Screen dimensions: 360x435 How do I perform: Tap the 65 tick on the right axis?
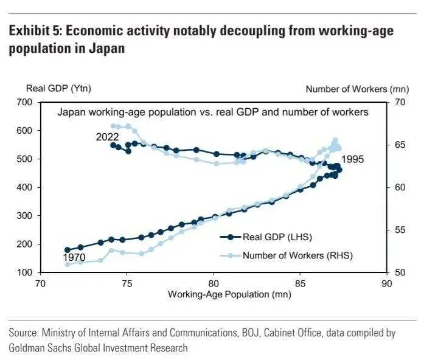coord(400,145)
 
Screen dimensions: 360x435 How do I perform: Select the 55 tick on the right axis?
coord(400,230)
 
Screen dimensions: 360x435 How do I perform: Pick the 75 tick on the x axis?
coord(127,283)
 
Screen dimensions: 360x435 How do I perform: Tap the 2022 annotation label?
coord(107,137)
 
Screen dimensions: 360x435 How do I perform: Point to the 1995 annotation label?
coord(353,159)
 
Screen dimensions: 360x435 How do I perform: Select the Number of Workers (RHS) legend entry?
coord(298,255)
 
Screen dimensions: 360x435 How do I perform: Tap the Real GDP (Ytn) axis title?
coord(58,89)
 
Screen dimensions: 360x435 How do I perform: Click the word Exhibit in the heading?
coord(31,32)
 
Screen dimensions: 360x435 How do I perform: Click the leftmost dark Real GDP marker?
coord(68,250)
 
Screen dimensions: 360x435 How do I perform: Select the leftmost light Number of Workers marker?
coord(68,264)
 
